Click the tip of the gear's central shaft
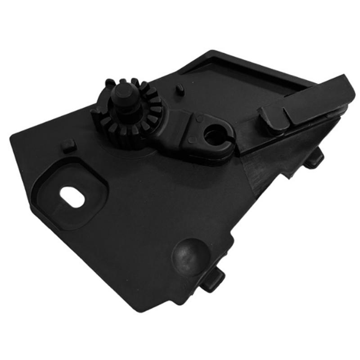pos(122,91)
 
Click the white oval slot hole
pos(72,197)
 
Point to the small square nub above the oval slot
pos(68,145)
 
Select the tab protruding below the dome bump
pos(212,282)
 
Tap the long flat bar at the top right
pos(315,101)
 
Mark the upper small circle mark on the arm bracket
pos(198,119)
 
